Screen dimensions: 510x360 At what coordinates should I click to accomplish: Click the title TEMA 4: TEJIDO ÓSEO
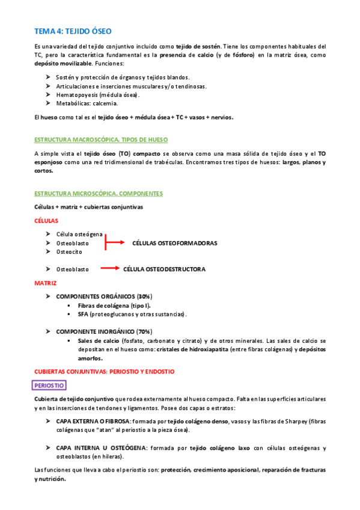coord(73,30)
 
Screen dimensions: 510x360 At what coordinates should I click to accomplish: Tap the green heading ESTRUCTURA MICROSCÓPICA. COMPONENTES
coord(99,194)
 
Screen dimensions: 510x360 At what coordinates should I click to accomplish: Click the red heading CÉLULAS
coord(46,221)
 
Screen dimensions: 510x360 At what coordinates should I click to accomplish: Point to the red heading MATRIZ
coord(46,282)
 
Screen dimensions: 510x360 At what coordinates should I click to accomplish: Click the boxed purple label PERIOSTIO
coord(50,385)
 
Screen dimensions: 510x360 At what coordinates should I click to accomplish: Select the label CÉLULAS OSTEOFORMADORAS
coord(174,243)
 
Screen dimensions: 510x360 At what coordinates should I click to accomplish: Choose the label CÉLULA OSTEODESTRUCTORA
coord(164,269)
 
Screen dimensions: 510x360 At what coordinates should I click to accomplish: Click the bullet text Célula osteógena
coord(79,234)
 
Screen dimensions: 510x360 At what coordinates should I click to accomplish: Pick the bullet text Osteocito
coord(70,252)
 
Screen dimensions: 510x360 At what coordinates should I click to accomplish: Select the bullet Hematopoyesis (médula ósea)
coord(98,94)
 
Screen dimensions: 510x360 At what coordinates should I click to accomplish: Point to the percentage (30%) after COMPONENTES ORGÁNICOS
coord(144,296)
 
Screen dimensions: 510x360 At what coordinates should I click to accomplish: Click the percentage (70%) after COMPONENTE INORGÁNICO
coord(144,331)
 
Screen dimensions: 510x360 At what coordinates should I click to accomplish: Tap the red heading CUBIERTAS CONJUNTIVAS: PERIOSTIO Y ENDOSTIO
coord(105,372)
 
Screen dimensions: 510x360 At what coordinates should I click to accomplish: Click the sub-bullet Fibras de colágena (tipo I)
coord(114,306)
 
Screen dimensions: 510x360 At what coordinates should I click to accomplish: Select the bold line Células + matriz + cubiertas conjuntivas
coord(88,207)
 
